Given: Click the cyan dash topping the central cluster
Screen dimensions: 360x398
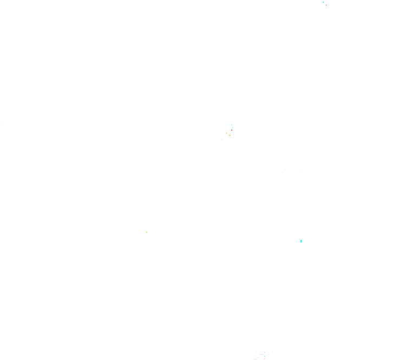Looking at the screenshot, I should click(x=232, y=125).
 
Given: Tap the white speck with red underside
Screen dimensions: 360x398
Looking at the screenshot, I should click(x=232, y=129).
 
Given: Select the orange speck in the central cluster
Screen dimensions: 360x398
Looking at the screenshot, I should click(x=226, y=133).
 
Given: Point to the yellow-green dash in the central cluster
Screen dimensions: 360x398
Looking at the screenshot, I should click(x=229, y=135).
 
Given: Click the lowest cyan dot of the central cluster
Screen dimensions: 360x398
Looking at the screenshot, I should click(x=221, y=139).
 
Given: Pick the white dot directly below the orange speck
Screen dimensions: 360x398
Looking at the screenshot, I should click(x=226, y=138).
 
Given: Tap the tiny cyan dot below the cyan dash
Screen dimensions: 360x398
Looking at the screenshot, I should click(x=232, y=127).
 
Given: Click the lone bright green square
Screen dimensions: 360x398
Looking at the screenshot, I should click(x=146, y=232).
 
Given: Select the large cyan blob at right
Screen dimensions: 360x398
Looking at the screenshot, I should click(x=301, y=240).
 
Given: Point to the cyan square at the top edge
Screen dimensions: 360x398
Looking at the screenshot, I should click(x=323, y=2).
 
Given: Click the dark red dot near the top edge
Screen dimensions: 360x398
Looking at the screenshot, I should click(x=326, y=5).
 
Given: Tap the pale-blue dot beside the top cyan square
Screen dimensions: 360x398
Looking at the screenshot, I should click(x=328, y=3).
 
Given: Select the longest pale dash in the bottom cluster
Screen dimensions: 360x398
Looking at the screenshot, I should click(x=261, y=354).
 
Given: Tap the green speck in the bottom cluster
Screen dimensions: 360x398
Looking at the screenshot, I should click(x=264, y=356).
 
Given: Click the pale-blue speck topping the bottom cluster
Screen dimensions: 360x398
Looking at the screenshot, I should click(x=265, y=352).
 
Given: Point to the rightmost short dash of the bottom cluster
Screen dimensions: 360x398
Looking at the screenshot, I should click(x=269, y=354).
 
